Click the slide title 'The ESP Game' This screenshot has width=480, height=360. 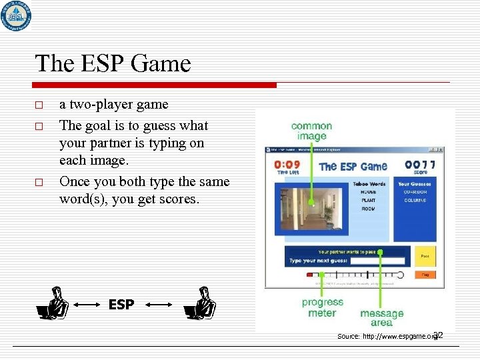point(113,64)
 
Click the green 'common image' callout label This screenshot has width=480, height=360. point(311,131)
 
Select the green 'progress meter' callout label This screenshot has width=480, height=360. point(322,307)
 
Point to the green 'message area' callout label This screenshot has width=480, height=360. point(382,317)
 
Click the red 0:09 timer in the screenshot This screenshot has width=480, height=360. point(287,165)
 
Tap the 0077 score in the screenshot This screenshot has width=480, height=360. point(419,165)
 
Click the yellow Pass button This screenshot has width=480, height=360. point(425,256)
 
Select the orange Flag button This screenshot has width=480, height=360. point(425,274)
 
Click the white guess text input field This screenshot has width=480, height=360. point(377,261)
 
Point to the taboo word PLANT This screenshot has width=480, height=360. point(369,199)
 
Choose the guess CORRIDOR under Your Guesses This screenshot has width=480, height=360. point(415,191)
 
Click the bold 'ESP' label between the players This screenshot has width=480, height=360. point(121,305)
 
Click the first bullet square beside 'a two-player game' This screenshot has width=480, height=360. point(39,105)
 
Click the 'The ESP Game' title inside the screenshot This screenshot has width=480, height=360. point(353,167)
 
